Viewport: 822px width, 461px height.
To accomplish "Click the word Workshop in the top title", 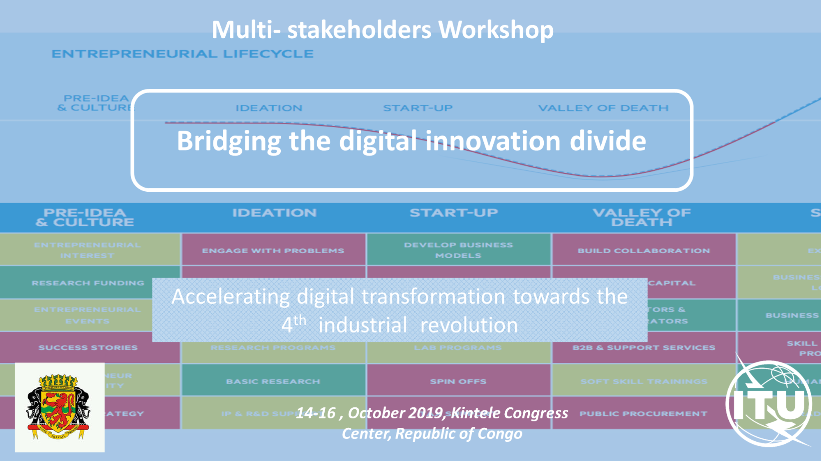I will [x=496, y=30].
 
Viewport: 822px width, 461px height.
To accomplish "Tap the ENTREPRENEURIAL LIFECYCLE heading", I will [x=182, y=54].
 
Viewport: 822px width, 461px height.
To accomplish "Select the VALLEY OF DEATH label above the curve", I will [x=603, y=108].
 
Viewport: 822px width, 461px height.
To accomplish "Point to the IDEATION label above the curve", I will [x=269, y=108].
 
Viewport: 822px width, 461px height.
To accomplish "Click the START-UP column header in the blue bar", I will [x=454, y=213].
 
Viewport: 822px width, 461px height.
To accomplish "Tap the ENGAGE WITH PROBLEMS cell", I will [x=273, y=250].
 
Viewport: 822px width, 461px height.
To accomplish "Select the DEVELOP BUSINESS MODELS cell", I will [x=458, y=250].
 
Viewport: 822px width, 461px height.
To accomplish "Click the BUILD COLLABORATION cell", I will [x=644, y=250].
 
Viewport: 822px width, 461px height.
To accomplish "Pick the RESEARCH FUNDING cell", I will [x=88, y=283].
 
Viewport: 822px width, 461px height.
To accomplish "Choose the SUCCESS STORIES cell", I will [x=88, y=347].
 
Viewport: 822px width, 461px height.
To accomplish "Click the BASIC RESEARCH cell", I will [x=273, y=381].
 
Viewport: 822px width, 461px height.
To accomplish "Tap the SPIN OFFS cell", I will [x=458, y=381].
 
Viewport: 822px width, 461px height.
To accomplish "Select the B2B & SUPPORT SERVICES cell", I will [x=644, y=347].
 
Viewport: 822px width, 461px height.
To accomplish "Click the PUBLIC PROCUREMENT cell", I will [x=644, y=413].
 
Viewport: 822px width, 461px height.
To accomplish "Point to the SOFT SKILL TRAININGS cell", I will [x=644, y=381].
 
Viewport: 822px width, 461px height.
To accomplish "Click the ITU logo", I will [x=769, y=404].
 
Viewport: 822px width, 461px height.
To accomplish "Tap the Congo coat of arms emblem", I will [x=59, y=407].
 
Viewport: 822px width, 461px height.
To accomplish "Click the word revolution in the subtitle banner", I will [x=469, y=326].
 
